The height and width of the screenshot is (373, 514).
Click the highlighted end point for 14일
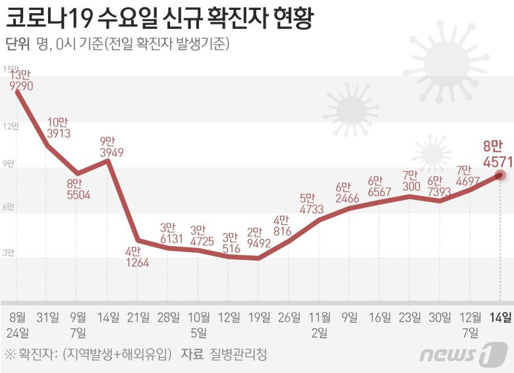coord(500,175)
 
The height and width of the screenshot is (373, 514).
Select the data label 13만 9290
coord(20,80)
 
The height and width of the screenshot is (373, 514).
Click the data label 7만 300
coord(409,181)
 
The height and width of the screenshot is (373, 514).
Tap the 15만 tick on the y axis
coord(9,70)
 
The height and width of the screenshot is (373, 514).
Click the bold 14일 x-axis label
coord(499,317)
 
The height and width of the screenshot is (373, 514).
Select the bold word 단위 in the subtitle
coord(17,44)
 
